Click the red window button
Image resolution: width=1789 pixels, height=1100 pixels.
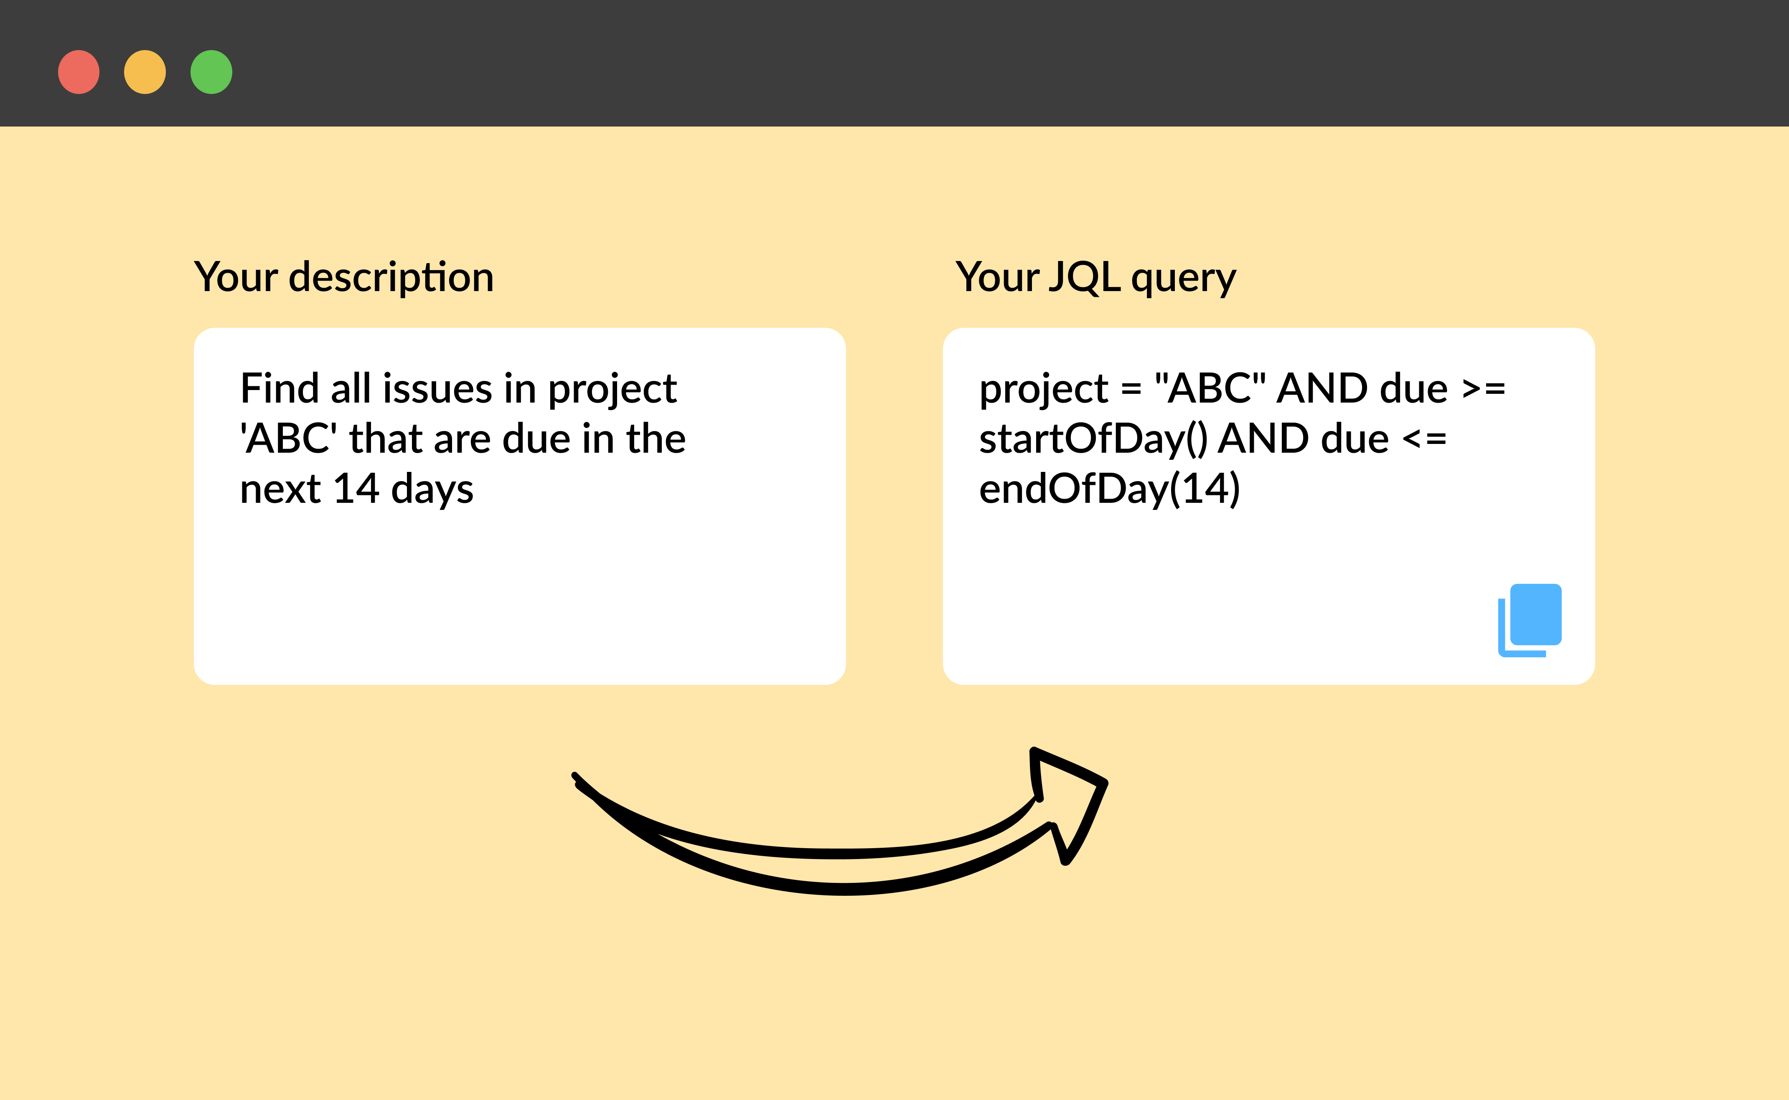coord(79,72)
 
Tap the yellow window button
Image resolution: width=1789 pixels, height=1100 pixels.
coord(145,72)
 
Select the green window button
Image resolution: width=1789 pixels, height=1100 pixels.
coord(211,72)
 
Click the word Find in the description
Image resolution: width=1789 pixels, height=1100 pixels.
coord(280,388)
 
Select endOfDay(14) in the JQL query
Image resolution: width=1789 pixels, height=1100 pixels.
coord(1109,489)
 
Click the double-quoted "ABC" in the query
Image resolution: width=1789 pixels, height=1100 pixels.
coord(1210,388)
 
